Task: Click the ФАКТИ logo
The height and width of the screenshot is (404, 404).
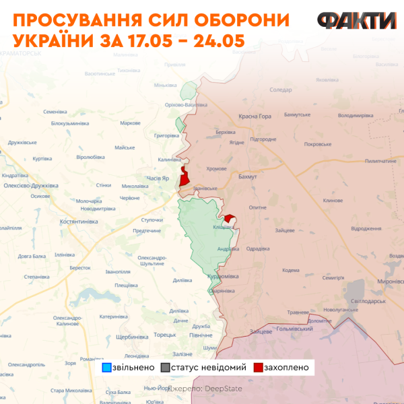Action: click(x=357, y=21)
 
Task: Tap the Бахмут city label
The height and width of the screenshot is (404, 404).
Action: click(x=248, y=176)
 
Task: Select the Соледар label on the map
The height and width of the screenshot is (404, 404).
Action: click(x=280, y=90)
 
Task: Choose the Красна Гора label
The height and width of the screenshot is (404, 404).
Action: click(x=255, y=116)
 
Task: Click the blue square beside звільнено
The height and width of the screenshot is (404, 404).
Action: click(x=106, y=368)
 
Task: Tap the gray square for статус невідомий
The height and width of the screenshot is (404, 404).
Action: click(x=165, y=368)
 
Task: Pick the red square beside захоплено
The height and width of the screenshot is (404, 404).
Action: click(x=258, y=368)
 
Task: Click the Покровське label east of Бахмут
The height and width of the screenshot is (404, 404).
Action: click(x=317, y=144)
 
